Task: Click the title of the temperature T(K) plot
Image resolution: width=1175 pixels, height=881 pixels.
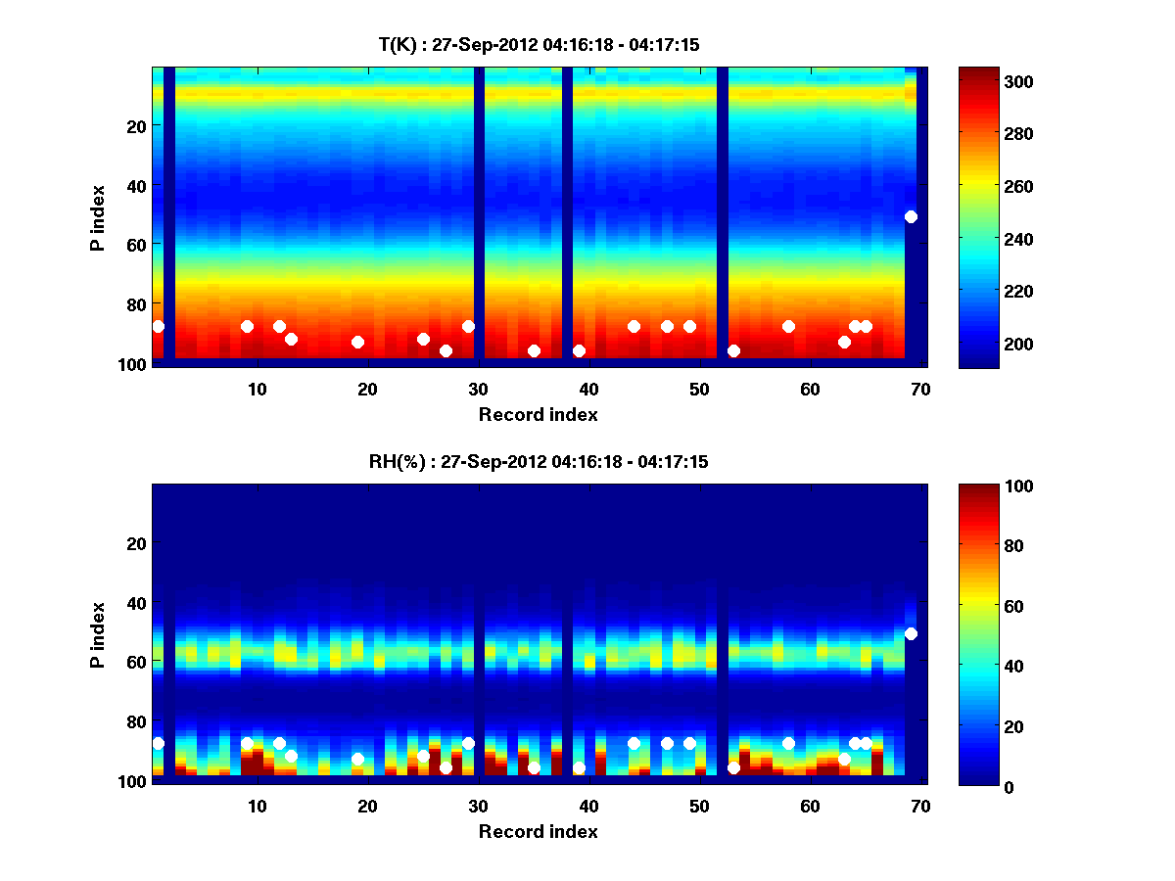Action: click(539, 44)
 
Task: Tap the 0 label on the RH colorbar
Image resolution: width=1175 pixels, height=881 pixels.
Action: click(973, 786)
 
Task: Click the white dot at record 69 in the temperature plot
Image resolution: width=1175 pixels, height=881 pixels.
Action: click(911, 216)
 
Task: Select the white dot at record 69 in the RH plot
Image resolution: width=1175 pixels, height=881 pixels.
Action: click(911, 633)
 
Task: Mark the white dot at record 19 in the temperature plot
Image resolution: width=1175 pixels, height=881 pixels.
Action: click(357, 342)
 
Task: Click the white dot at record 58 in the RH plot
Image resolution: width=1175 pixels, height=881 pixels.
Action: click(788, 743)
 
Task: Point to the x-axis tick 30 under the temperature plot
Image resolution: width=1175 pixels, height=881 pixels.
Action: click(479, 389)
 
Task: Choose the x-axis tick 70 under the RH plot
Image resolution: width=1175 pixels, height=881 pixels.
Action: click(921, 806)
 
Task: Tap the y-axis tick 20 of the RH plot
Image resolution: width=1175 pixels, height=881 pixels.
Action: click(138, 542)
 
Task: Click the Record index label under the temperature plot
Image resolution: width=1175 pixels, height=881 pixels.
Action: click(539, 414)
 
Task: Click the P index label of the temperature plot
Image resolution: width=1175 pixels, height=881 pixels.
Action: click(97, 217)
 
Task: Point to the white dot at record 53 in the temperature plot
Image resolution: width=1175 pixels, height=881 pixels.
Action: click(733, 350)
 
